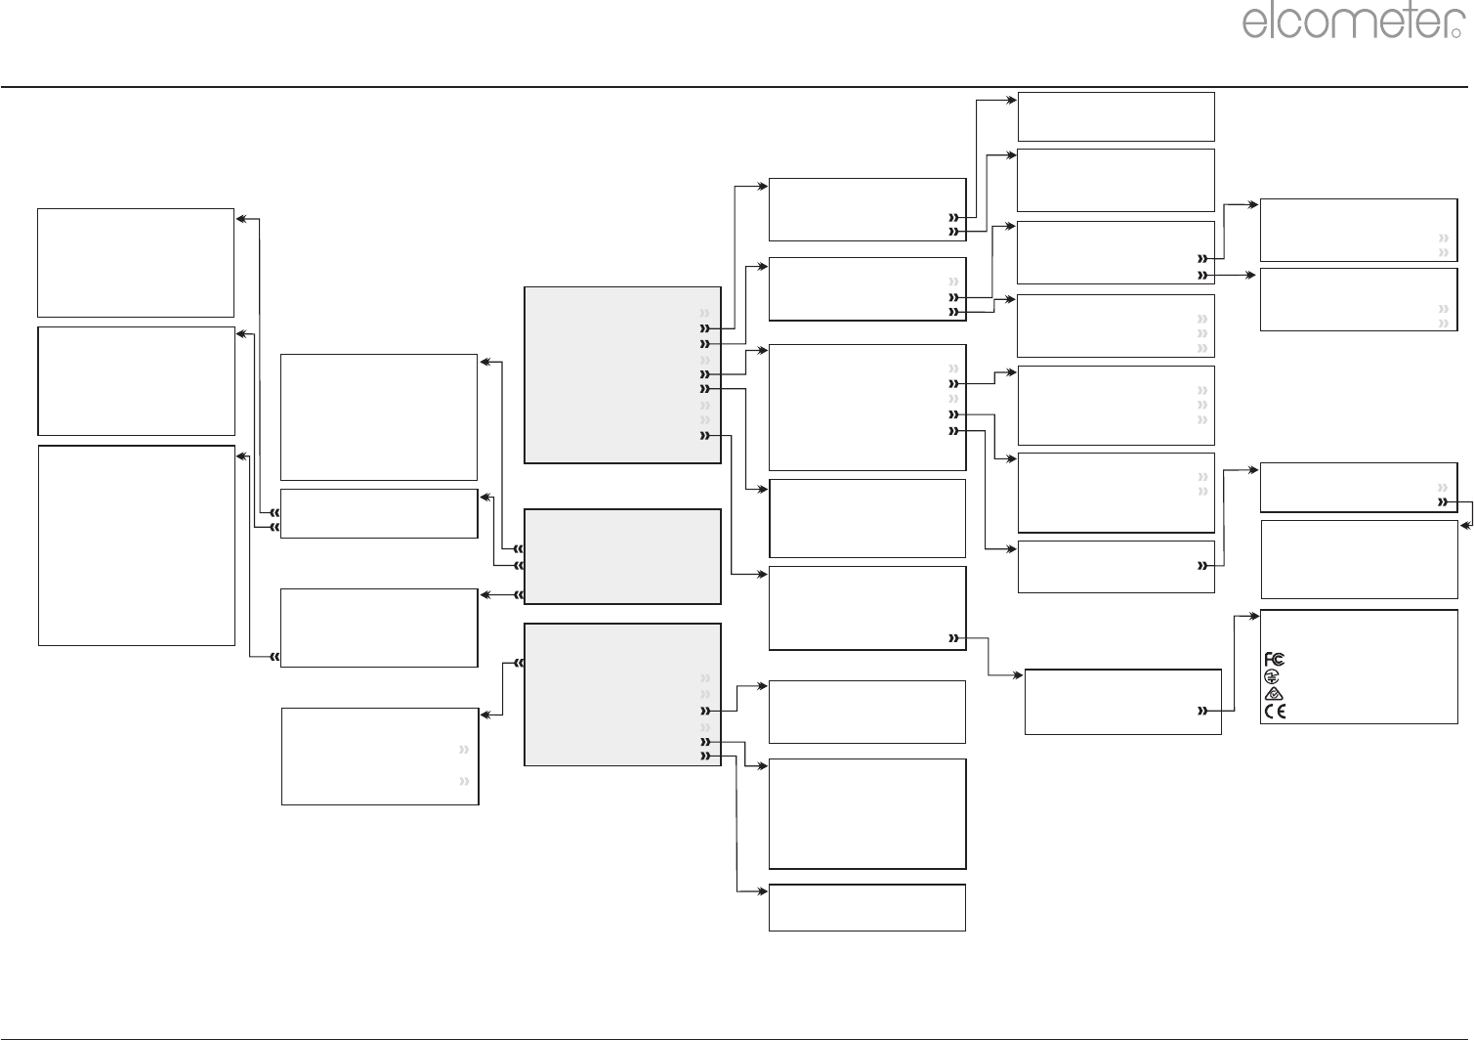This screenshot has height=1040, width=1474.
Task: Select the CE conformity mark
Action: [1275, 711]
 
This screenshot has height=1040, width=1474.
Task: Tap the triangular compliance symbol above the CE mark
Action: [1273, 693]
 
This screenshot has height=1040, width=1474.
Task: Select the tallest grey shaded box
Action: [622, 374]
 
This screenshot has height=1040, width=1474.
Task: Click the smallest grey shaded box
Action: [622, 556]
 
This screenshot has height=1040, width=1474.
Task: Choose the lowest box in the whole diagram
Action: [867, 907]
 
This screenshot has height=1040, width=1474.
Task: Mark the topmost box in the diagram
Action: [1116, 116]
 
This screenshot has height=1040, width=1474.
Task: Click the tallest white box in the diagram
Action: [137, 545]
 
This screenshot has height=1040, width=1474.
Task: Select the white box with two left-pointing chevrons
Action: [379, 513]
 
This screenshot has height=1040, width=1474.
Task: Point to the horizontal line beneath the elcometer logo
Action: [737, 87]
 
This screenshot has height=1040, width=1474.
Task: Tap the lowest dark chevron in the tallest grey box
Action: [705, 436]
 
